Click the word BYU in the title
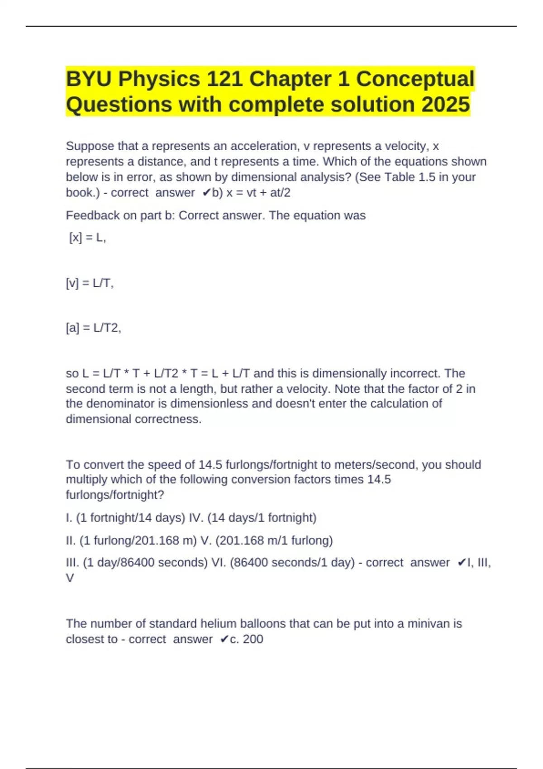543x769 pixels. pos(89,79)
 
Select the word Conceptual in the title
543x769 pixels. pos(415,79)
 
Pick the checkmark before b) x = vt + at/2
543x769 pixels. pos(206,193)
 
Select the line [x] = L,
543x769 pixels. pos(87,237)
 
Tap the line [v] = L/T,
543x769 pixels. pos(90,283)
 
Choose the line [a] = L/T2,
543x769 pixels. pos(93,328)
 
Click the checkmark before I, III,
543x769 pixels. pos(462,563)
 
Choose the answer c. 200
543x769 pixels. pos(247,639)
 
